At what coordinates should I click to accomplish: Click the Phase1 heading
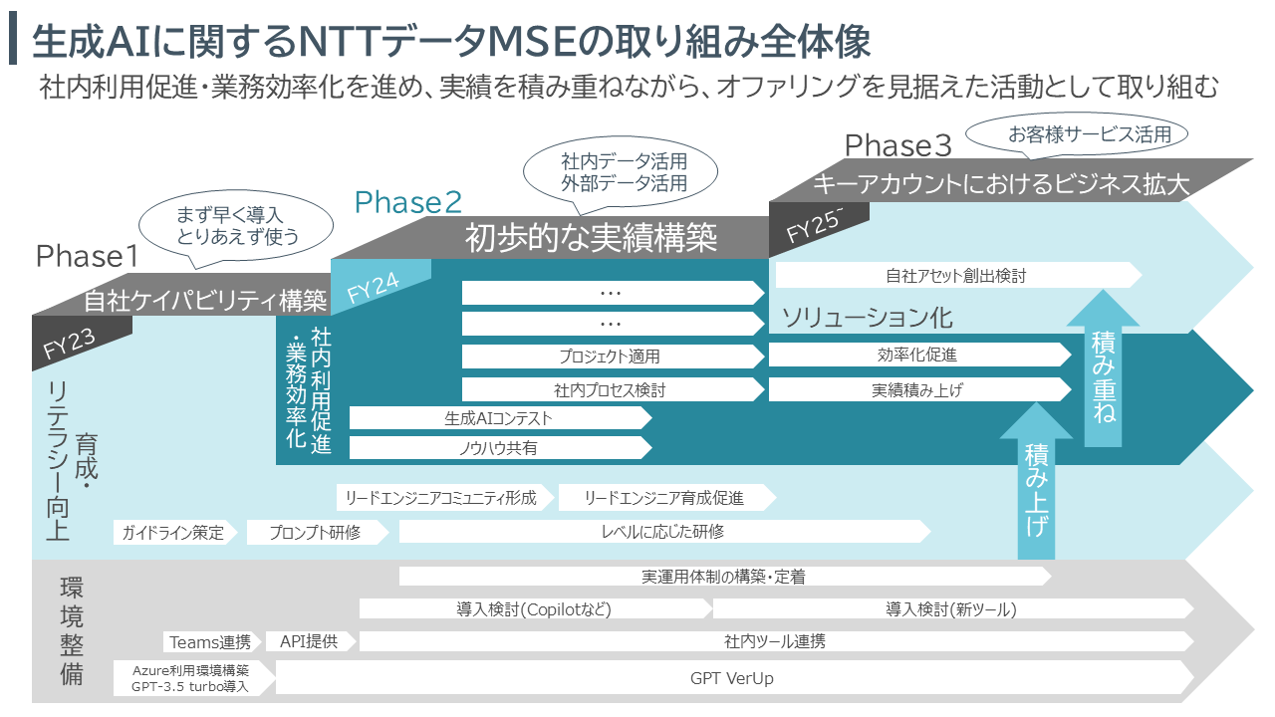coord(87,257)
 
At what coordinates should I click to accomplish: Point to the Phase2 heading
coord(408,203)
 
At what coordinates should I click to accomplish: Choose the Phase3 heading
coord(898,146)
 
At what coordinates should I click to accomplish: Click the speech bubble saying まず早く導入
coord(237,225)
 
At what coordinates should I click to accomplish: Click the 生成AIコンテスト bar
coord(498,419)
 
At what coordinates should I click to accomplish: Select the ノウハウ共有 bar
coord(498,448)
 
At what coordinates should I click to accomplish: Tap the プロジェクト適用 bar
coord(610,356)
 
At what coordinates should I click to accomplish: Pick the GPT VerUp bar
coord(732,679)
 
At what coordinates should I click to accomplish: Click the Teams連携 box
coord(213,641)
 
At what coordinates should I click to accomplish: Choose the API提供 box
coord(309,641)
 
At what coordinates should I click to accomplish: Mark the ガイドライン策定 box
coord(173,532)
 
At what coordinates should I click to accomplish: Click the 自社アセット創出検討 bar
coord(955,276)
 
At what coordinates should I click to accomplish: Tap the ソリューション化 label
coord(867,318)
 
